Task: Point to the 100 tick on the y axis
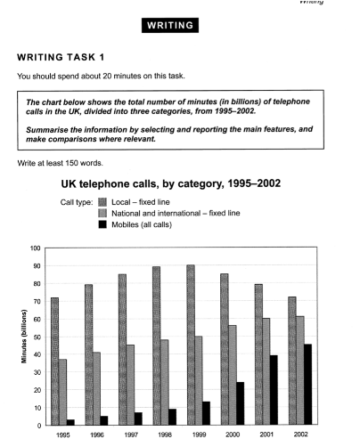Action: coord(34,248)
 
